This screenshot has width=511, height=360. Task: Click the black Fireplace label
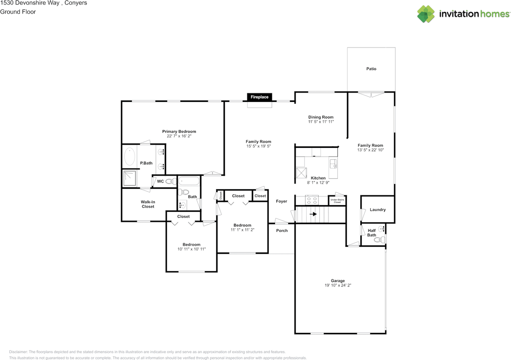(259, 97)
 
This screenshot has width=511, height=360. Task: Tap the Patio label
(371, 69)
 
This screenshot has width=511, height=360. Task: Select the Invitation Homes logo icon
(426, 14)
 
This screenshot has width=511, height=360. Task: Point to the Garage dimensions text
(338, 286)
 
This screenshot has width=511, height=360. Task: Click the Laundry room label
(378, 210)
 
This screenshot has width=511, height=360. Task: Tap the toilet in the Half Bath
(382, 240)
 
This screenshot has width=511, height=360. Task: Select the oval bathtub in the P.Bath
(130, 157)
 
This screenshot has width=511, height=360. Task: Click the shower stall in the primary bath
(129, 179)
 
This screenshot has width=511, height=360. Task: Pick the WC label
(160, 181)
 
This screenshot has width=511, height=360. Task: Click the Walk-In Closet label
(148, 204)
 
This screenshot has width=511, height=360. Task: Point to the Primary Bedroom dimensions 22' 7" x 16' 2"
(179, 136)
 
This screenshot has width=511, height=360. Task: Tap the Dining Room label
(321, 117)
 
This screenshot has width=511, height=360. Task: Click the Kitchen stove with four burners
(311, 200)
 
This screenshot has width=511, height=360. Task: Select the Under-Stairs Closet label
(337, 201)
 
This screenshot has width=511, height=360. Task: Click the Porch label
(282, 231)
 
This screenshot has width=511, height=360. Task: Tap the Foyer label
(281, 201)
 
